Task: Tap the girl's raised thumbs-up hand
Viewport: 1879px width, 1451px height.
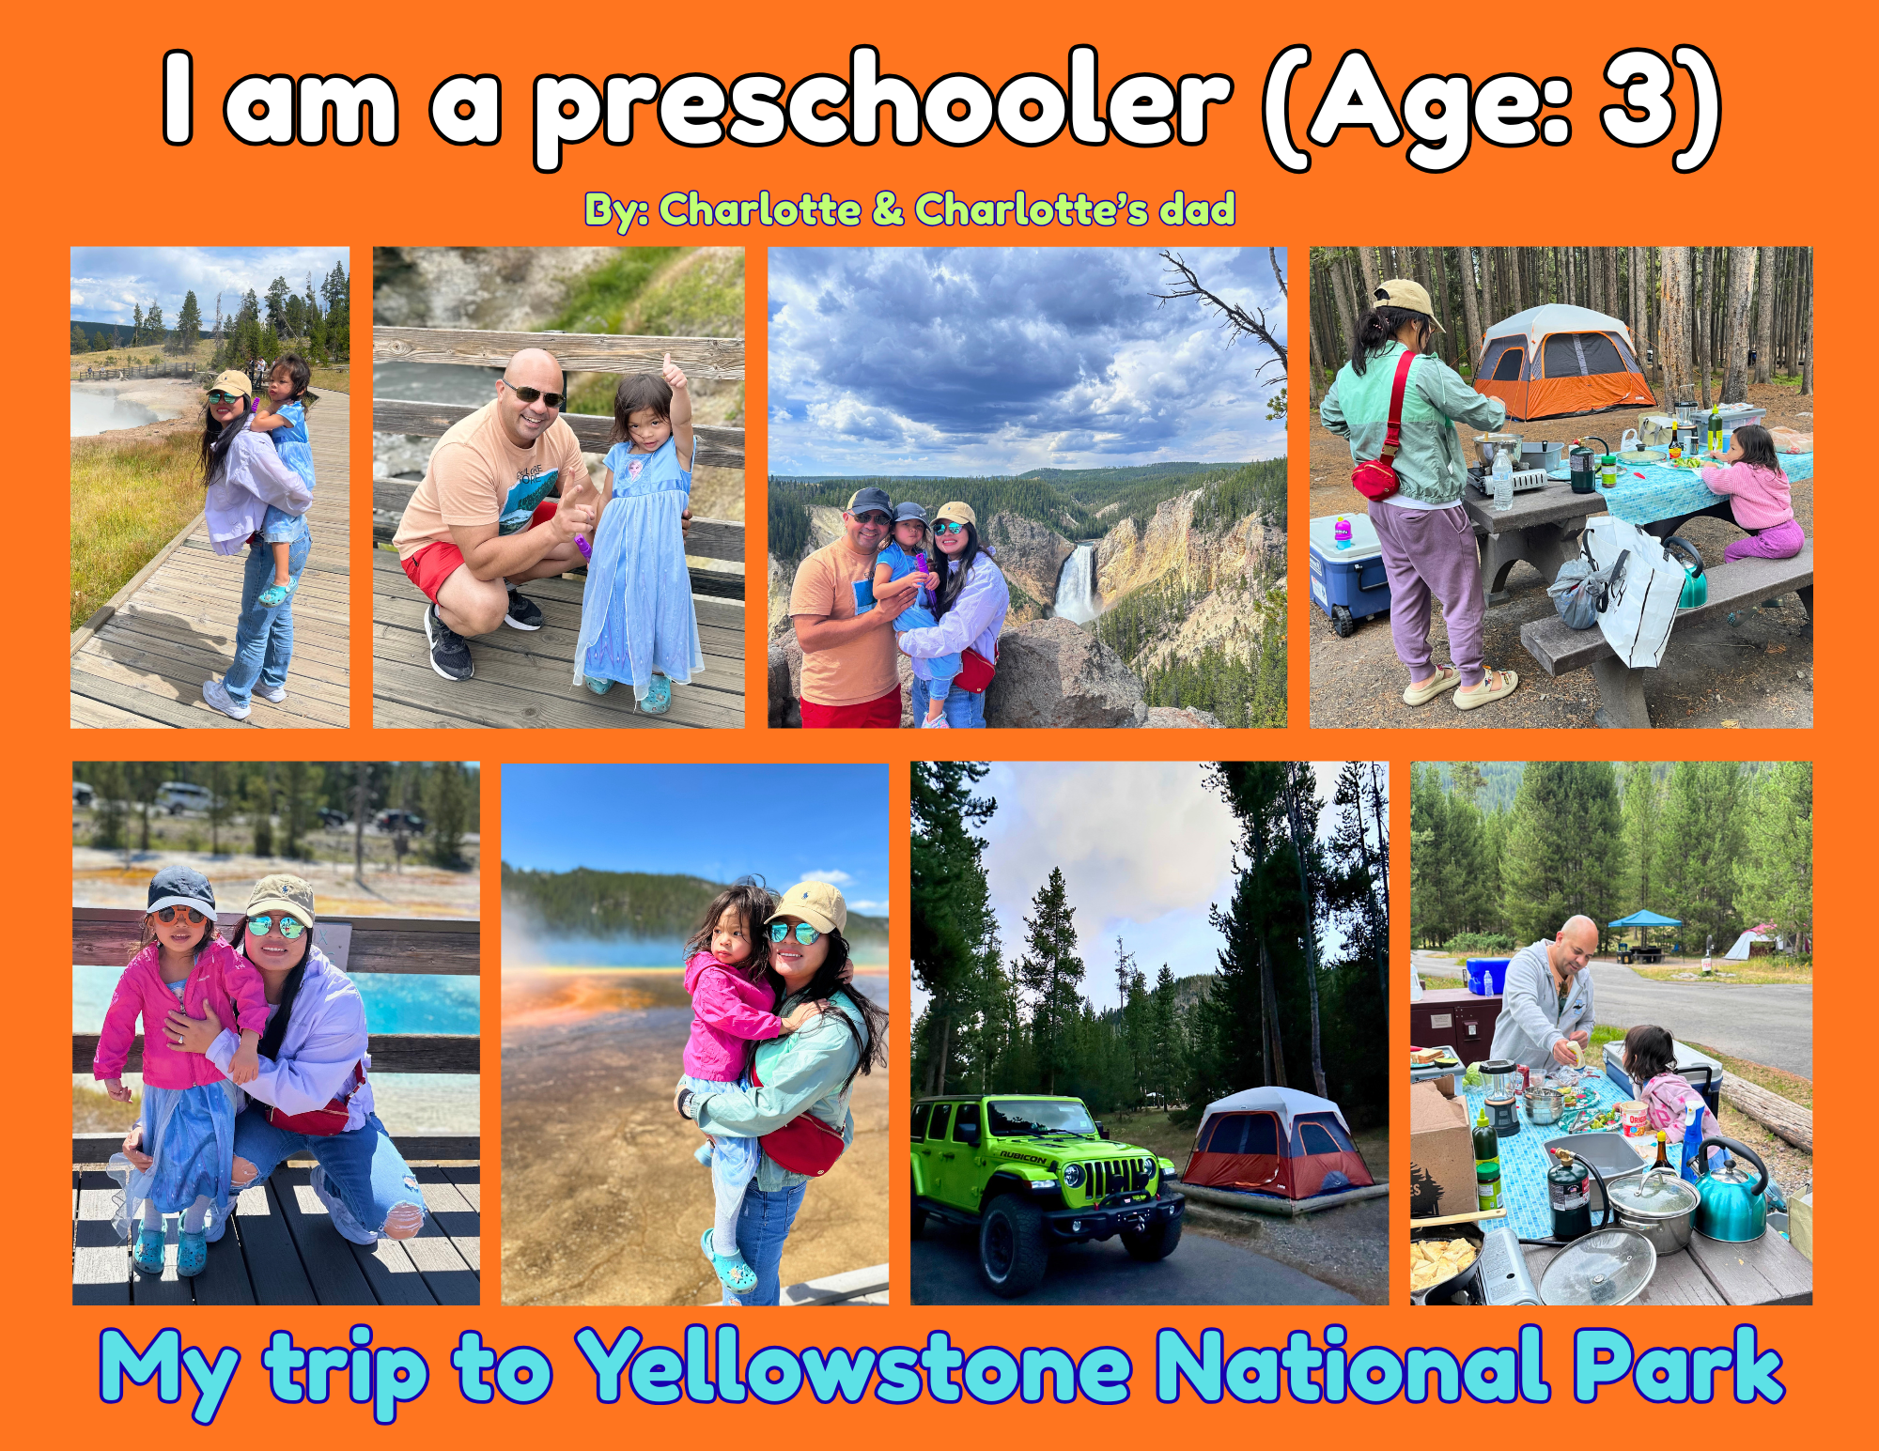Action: click(673, 370)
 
